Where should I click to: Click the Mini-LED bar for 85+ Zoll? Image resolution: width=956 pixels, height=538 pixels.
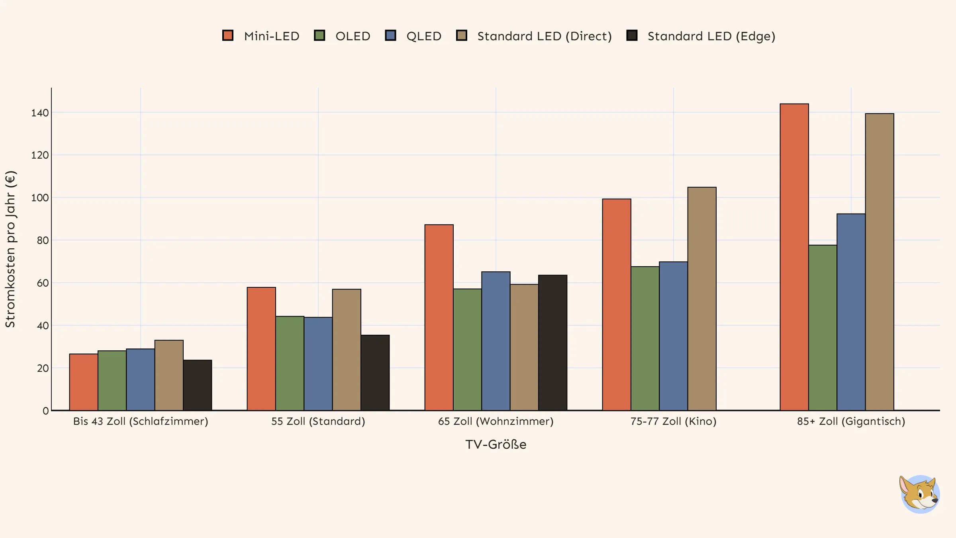[x=794, y=257]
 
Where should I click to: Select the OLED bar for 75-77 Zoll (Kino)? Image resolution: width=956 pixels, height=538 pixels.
[x=645, y=338]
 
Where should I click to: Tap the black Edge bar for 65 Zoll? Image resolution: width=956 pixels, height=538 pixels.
[x=552, y=343]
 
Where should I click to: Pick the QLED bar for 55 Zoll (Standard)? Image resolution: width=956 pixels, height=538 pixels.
[x=318, y=364]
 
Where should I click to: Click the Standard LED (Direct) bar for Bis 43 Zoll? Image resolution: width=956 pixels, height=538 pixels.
[x=169, y=375]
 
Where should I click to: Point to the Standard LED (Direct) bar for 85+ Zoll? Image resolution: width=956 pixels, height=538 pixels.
[x=880, y=262]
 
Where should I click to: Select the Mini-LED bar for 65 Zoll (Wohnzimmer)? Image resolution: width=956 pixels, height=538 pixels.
[x=439, y=318]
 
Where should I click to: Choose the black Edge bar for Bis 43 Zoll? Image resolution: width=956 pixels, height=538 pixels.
[x=198, y=385]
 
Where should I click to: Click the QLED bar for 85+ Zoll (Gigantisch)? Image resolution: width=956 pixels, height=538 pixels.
[x=851, y=312]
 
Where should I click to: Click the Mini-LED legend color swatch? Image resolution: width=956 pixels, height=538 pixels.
[x=228, y=35]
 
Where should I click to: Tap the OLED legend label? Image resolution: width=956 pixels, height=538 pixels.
[x=353, y=36]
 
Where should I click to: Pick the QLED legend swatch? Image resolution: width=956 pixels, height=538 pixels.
[x=390, y=35]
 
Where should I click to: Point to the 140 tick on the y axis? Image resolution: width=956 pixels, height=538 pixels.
[x=40, y=113]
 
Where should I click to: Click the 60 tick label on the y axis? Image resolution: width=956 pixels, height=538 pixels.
[x=43, y=283]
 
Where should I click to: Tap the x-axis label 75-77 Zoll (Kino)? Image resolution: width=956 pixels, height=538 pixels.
[x=673, y=421]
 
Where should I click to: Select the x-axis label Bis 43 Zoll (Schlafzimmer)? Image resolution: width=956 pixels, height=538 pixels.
[x=141, y=421]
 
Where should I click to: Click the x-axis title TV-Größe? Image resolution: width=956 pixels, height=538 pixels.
[x=496, y=444]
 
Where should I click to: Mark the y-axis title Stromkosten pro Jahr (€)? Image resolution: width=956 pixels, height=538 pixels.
[x=10, y=249]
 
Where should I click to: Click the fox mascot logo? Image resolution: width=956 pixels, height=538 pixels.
[x=919, y=494]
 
